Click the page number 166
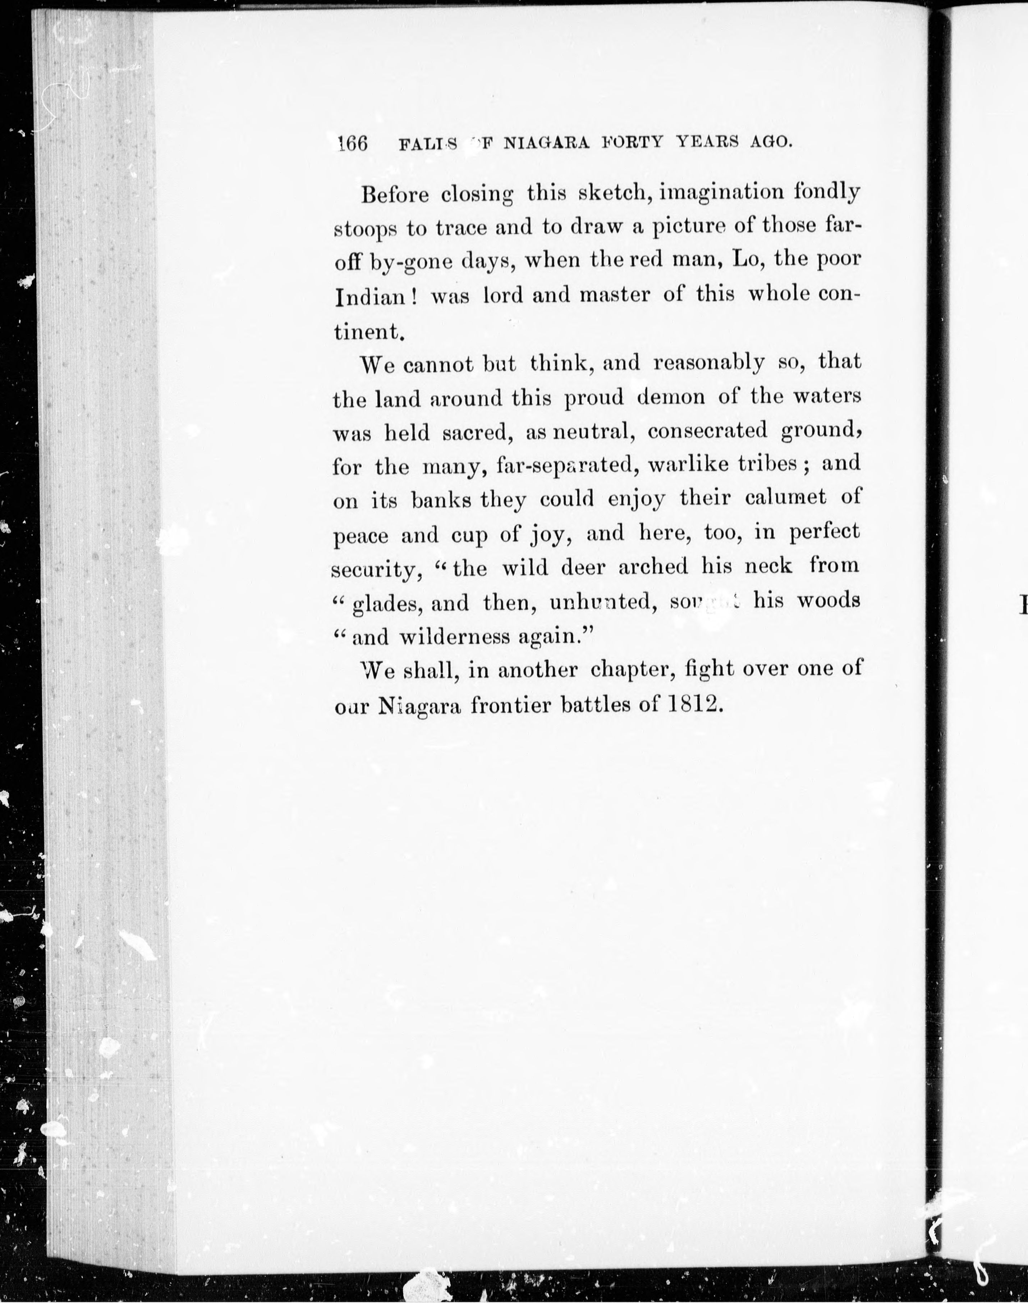(x=353, y=143)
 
